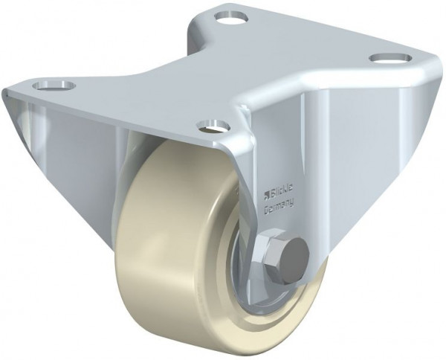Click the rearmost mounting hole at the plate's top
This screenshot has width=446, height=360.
[x=232, y=14]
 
